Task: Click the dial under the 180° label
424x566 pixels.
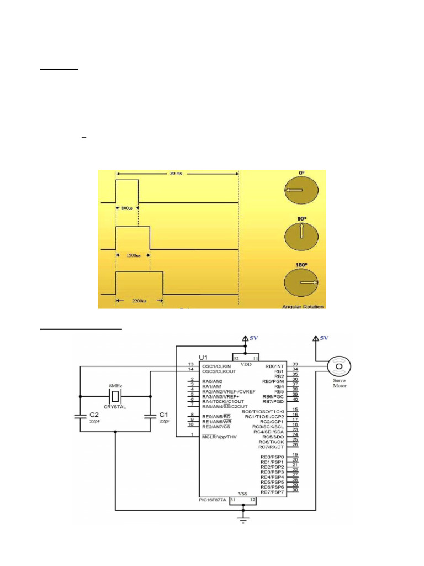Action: click(302, 282)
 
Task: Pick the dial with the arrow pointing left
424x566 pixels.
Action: click(301, 190)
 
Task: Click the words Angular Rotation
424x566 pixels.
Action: click(303, 306)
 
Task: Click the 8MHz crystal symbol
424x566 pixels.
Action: click(115, 396)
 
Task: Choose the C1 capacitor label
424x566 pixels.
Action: click(163, 414)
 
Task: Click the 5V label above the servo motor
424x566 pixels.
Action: click(324, 338)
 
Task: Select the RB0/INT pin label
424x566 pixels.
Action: click(274, 365)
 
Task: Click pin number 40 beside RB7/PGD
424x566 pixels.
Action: click(295, 401)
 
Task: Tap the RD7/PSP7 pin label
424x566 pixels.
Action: click(272, 492)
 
